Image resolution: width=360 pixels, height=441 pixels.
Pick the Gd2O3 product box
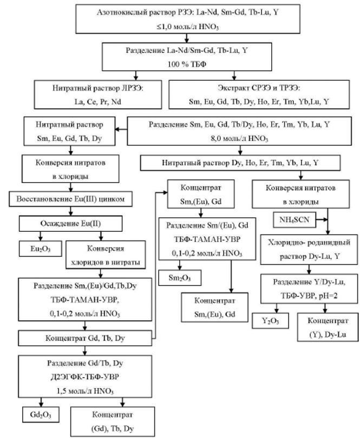41,416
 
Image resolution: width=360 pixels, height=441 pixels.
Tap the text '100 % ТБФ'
184,63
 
